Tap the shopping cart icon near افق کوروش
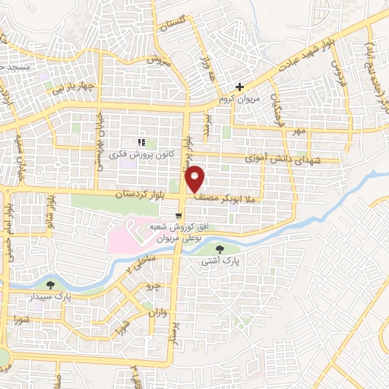point(179,216)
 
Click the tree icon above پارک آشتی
point(220,248)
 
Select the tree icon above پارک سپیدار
point(50,284)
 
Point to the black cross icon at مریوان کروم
point(239,87)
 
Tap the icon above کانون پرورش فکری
point(141,142)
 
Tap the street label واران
point(157,312)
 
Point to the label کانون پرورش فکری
point(144,154)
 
